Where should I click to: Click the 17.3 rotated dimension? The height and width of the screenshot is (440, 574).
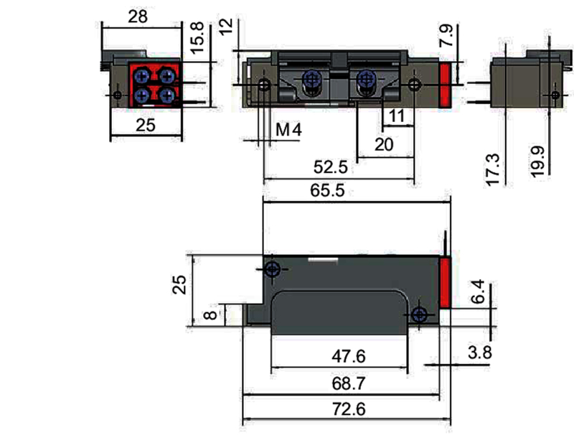click(x=493, y=169)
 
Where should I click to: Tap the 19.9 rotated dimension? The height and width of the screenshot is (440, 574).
click(x=540, y=159)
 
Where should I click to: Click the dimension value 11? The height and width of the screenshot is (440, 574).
click(x=397, y=115)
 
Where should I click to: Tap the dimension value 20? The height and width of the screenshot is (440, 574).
click(x=385, y=144)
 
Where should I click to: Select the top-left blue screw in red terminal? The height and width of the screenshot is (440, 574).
click(x=142, y=73)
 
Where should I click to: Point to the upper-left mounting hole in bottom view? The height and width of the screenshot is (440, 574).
click(x=272, y=269)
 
